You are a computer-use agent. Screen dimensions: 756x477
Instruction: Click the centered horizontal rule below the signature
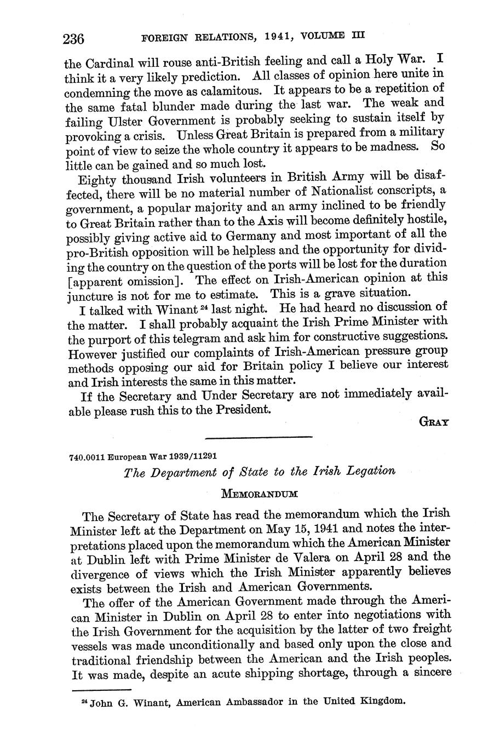[257, 437]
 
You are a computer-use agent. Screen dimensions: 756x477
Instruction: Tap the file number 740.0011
[87, 456]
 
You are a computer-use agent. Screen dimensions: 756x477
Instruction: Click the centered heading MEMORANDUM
[259, 493]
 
